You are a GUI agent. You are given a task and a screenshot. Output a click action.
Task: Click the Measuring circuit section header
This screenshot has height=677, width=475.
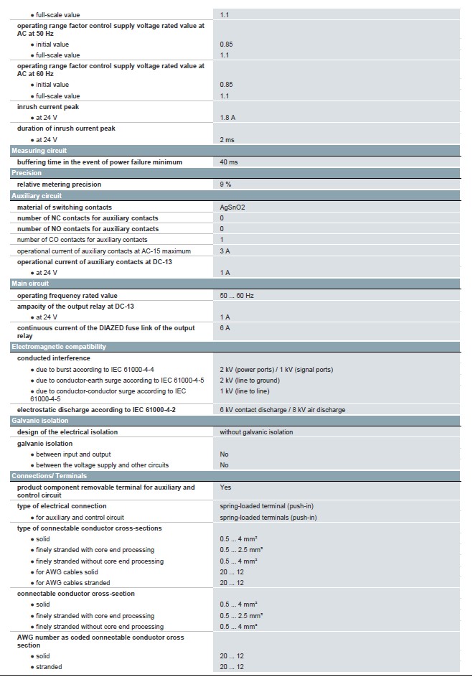point(39,151)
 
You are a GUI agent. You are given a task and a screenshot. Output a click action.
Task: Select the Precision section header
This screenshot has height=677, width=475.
point(27,173)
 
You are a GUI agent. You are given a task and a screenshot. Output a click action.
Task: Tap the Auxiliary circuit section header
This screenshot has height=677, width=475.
point(37,195)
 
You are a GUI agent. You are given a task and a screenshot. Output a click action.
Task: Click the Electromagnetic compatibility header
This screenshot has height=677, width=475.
point(59,347)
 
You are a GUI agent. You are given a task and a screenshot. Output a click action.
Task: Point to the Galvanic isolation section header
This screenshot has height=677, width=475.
point(40,421)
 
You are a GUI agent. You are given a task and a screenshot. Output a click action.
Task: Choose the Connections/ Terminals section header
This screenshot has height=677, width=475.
point(49,476)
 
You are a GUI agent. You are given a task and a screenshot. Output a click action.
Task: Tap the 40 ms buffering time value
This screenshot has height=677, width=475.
point(229,162)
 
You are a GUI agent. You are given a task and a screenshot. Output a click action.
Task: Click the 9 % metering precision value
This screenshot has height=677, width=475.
point(225,185)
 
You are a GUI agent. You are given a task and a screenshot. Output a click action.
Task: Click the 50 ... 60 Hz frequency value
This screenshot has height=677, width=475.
point(237,296)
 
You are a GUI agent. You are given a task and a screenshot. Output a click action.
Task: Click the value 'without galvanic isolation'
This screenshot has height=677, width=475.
point(256,432)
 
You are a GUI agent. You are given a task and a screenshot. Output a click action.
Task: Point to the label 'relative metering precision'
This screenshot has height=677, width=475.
point(59,185)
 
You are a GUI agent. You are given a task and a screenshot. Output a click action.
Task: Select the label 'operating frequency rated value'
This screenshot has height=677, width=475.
point(67,296)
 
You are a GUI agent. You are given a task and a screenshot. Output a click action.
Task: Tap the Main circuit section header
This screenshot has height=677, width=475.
point(29,284)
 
